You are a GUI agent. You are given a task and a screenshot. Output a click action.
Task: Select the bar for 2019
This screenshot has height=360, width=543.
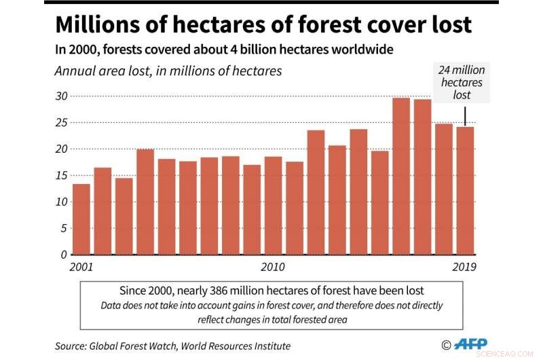coord(465,190)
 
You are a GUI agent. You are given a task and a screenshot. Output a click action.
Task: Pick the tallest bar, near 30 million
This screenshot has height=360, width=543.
coord(401,176)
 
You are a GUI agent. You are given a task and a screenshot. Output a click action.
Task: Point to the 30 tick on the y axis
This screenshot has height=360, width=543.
coord(62,96)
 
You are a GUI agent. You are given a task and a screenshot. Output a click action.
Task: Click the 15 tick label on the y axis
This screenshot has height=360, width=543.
coord(62,175)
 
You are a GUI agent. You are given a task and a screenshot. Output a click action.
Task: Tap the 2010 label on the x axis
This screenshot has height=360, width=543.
coord(273,266)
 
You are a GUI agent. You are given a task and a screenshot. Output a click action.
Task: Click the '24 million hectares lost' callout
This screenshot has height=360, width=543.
coord(462,83)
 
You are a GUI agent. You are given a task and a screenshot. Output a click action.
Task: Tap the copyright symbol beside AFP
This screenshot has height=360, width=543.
coord(446,345)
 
